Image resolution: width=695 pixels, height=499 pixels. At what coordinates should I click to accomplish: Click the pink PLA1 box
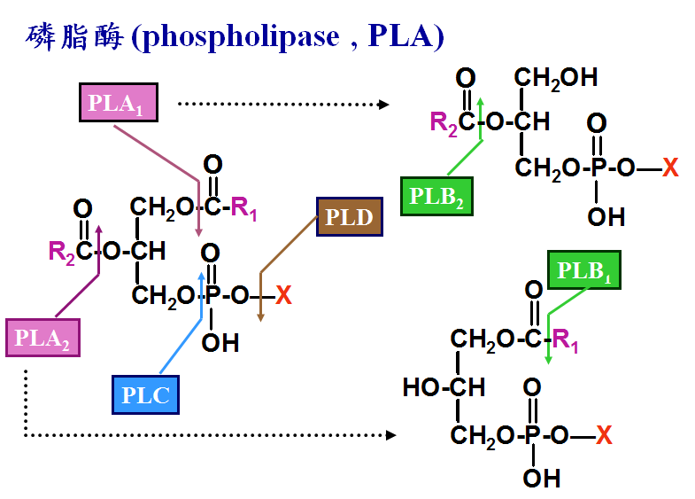click(x=119, y=103)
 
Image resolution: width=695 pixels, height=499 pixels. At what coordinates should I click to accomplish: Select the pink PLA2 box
click(x=42, y=338)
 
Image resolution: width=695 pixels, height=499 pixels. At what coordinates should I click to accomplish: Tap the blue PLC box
click(x=145, y=394)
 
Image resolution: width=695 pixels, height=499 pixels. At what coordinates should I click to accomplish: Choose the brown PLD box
click(x=350, y=217)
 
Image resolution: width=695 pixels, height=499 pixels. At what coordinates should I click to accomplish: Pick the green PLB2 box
click(x=436, y=196)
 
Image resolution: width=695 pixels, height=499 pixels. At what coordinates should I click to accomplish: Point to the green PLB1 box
click(x=583, y=269)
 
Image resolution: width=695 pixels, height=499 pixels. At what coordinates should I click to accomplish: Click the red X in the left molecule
click(x=283, y=294)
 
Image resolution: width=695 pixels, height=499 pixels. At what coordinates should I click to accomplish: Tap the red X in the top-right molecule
click(x=670, y=168)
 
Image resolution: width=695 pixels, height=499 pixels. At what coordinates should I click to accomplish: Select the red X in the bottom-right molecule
click(x=604, y=434)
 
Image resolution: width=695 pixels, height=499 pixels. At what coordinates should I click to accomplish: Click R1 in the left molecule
click(x=243, y=208)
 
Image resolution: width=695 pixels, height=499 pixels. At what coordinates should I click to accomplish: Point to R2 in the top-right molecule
click(x=444, y=123)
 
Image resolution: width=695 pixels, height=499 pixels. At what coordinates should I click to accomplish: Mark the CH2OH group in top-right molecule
click(x=556, y=79)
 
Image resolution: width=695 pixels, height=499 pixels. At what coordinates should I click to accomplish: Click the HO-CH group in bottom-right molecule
click(x=444, y=387)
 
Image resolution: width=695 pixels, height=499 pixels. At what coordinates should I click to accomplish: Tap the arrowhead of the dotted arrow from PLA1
click(x=384, y=105)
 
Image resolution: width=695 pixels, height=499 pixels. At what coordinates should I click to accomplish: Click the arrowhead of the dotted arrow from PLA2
click(x=391, y=435)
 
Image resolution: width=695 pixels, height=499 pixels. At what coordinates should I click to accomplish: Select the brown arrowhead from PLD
click(x=260, y=317)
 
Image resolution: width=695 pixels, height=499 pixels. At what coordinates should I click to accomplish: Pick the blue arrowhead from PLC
click(x=202, y=276)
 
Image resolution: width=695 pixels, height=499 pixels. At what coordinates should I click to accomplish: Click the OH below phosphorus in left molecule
click(x=220, y=342)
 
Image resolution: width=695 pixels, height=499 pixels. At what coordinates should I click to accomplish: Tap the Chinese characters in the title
click(x=74, y=36)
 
